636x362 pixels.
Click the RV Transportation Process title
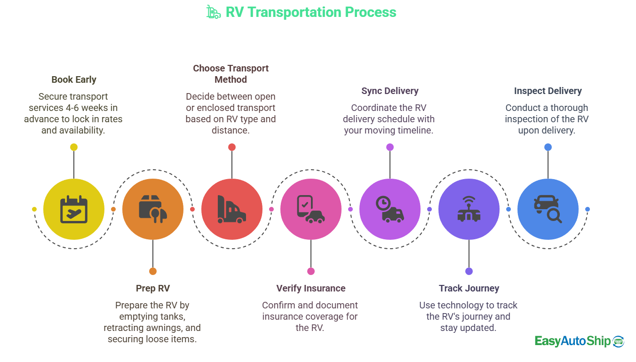click(311, 12)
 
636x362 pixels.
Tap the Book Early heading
click(74, 79)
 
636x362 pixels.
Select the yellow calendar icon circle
click(74, 209)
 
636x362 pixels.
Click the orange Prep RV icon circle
click(153, 209)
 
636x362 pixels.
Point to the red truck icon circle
click(232, 209)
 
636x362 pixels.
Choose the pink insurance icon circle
click(311, 209)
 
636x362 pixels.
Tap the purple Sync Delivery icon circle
click(390, 209)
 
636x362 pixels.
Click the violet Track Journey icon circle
click(469, 209)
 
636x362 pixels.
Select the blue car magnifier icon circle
click(548, 209)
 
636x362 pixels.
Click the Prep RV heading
click(153, 288)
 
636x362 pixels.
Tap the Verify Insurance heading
click(311, 288)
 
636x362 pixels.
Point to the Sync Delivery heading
click(390, 91)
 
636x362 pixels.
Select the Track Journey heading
click(469, 288)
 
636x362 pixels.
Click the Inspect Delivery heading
click(548, 91)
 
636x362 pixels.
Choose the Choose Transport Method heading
click(231, 74)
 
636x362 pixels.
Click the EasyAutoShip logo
click(579, 341)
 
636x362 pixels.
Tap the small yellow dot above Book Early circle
click(74, 147)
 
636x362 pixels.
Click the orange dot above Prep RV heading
click(153, 271)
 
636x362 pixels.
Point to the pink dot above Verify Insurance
click(311, 271)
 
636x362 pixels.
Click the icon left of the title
click(214, 12)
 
